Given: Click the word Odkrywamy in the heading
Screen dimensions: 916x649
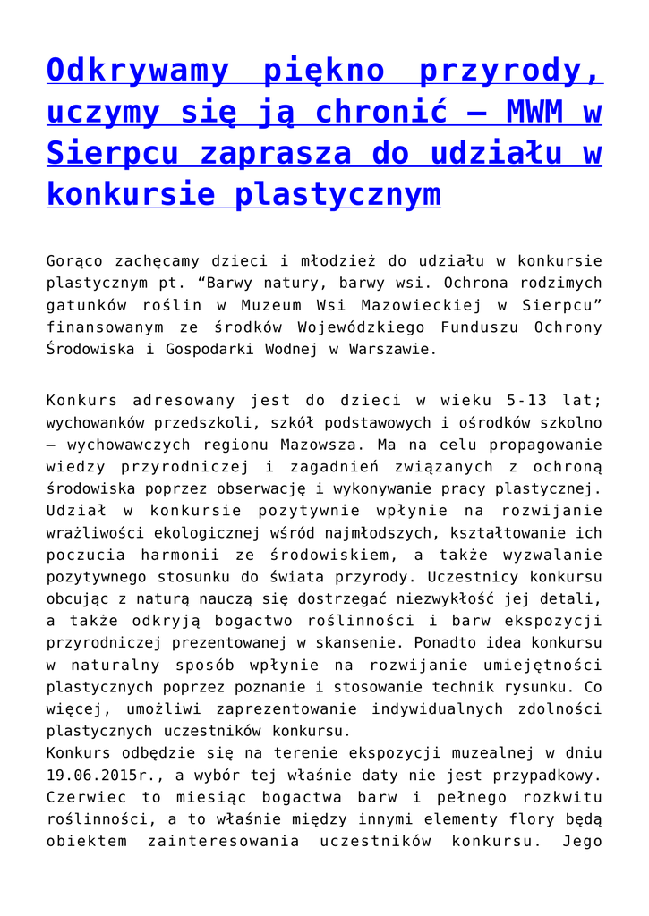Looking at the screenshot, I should pos(133,70).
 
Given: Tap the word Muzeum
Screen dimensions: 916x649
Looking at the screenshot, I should pos(271,305).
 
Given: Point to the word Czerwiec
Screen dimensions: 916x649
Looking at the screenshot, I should pos(81,797).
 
